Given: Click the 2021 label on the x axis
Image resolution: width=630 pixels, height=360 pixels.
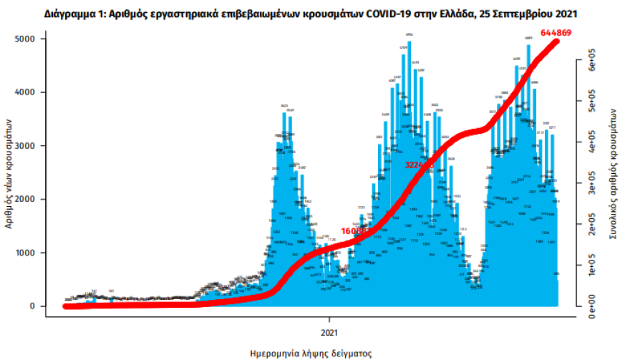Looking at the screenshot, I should tap(330, 332).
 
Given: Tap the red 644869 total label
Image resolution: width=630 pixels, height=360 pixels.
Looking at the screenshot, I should tap(578, 34).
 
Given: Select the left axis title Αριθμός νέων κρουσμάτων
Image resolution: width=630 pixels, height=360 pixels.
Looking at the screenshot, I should tap(9, 172).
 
